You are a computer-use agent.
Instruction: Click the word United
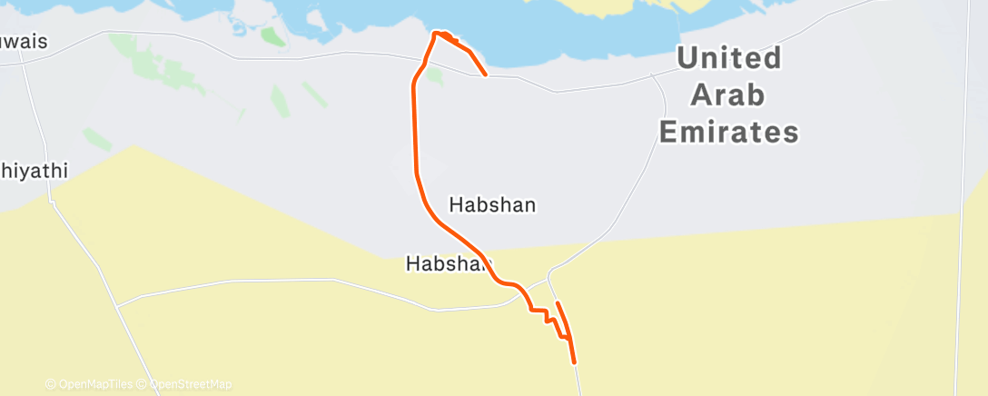click(x=729, y=59)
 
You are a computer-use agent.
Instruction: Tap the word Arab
click(x=726, y=95)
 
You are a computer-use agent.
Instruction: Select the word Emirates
click(x=728, y=133)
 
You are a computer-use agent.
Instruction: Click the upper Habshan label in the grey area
click(x=493, y=205)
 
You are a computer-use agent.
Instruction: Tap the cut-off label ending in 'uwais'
click(x=23, y=43)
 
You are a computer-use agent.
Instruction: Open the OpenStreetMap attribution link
click(x=190, y=385)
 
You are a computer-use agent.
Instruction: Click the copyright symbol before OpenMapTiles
click(x=50, y=385)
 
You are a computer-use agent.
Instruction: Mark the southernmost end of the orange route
click(x=575, y=362)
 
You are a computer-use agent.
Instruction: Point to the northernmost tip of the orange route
click(x=439, y=33)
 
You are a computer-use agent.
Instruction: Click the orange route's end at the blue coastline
click(x=486, y=74)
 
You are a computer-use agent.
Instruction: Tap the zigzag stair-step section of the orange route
click(x=548, y=319)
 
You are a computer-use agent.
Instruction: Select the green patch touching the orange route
click(x=434, y=76)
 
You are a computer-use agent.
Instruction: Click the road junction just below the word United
click(x=654, y=76)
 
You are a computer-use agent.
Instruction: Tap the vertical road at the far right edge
click(x=964, y=227)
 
